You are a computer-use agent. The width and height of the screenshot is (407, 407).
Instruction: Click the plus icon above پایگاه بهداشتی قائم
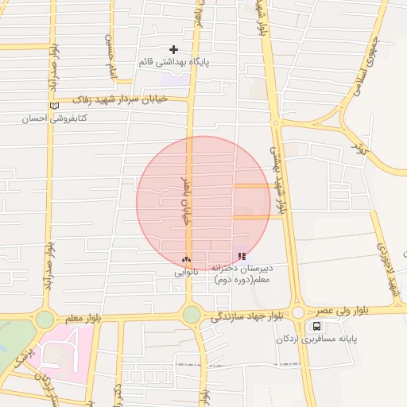[x=173, y=49]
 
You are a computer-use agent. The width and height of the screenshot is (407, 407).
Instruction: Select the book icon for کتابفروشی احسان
[x=54, y=106]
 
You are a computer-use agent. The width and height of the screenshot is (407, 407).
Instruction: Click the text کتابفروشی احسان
[x=55, y=118]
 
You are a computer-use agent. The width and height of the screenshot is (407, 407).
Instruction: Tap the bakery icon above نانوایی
[x=186, y=259]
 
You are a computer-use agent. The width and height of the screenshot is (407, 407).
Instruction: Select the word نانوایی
[x=186, y=272]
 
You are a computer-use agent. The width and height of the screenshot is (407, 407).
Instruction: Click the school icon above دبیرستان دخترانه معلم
[x=242, y=256]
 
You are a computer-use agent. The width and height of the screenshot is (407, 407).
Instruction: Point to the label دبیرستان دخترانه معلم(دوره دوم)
[x=242, y=274]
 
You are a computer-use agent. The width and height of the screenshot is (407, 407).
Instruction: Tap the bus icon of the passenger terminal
[x=317, y=326]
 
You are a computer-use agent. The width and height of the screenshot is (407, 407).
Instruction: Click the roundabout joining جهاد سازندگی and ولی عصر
[x=297, y=312]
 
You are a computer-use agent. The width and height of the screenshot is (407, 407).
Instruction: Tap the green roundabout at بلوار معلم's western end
[x=45, y=320]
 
